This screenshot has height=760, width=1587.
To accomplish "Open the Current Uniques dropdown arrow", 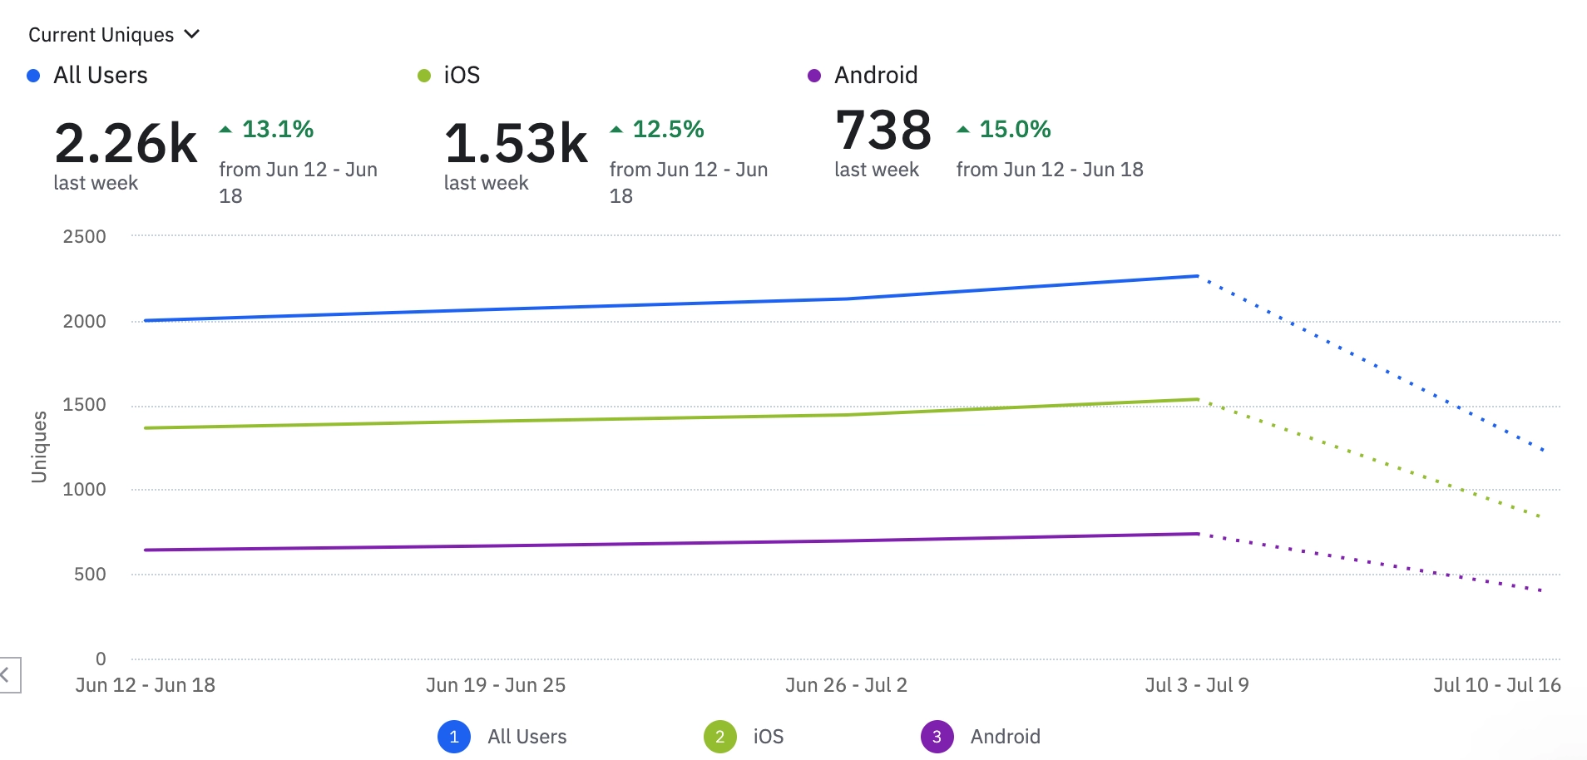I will [192, 34].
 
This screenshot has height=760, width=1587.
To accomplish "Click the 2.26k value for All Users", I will [126, 143].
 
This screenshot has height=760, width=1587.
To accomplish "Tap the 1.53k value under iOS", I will [516, 143].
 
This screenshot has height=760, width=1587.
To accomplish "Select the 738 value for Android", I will [883, 131].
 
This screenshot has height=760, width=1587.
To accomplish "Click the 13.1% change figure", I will [277, 129].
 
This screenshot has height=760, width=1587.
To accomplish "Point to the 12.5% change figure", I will [667, 129].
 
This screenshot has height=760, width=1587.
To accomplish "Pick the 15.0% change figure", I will [1014, 129].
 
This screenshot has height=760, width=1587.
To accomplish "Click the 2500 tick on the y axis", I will [85, 236].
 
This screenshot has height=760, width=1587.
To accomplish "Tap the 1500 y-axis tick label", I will [85, 405].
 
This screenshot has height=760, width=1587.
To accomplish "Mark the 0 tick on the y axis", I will [101, 659].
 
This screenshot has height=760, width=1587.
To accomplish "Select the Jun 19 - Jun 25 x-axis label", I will [496, 685].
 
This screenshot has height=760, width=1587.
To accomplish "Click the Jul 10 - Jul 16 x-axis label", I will [1496, 685].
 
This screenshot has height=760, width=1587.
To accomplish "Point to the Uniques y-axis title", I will [39, 447].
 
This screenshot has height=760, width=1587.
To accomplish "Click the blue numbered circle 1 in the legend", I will [454, 737].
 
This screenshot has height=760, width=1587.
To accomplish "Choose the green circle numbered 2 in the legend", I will [719, 737].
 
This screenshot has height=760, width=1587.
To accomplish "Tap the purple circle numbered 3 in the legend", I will [937, 737].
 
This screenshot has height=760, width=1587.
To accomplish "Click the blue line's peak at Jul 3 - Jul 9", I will [1197, 276].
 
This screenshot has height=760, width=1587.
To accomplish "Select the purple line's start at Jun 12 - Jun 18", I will [146, 550].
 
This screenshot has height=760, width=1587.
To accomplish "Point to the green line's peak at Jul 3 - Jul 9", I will [1197, 399].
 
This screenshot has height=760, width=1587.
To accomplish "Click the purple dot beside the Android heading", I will [814, 76].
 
